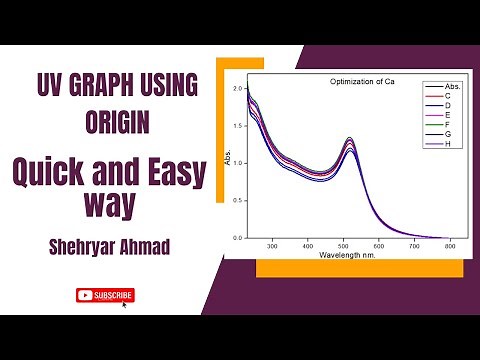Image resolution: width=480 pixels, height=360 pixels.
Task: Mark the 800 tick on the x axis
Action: pos(450,245)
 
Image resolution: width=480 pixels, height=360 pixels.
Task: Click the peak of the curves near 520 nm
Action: pos(349,140)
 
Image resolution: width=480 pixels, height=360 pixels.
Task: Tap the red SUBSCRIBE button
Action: pos(105,295)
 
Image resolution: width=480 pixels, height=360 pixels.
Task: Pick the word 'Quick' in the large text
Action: pos(46,173)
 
